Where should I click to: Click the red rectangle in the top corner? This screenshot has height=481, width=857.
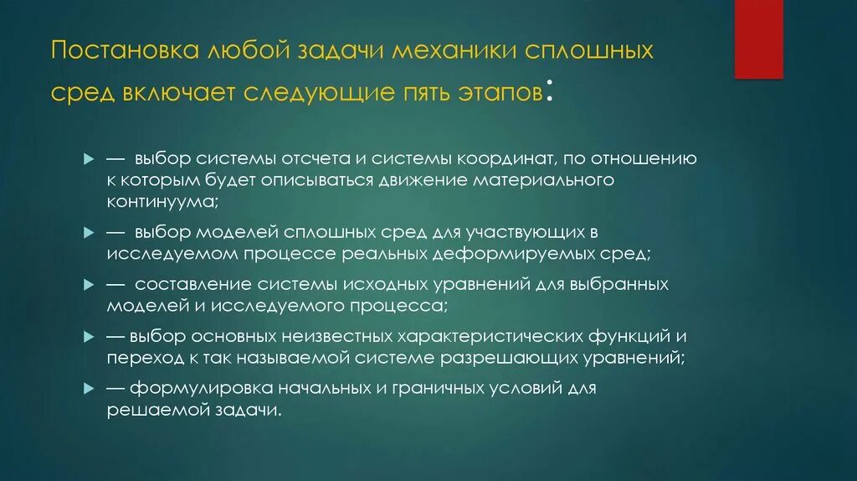pos(758,39)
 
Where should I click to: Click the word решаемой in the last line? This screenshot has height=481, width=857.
pos(156,411)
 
